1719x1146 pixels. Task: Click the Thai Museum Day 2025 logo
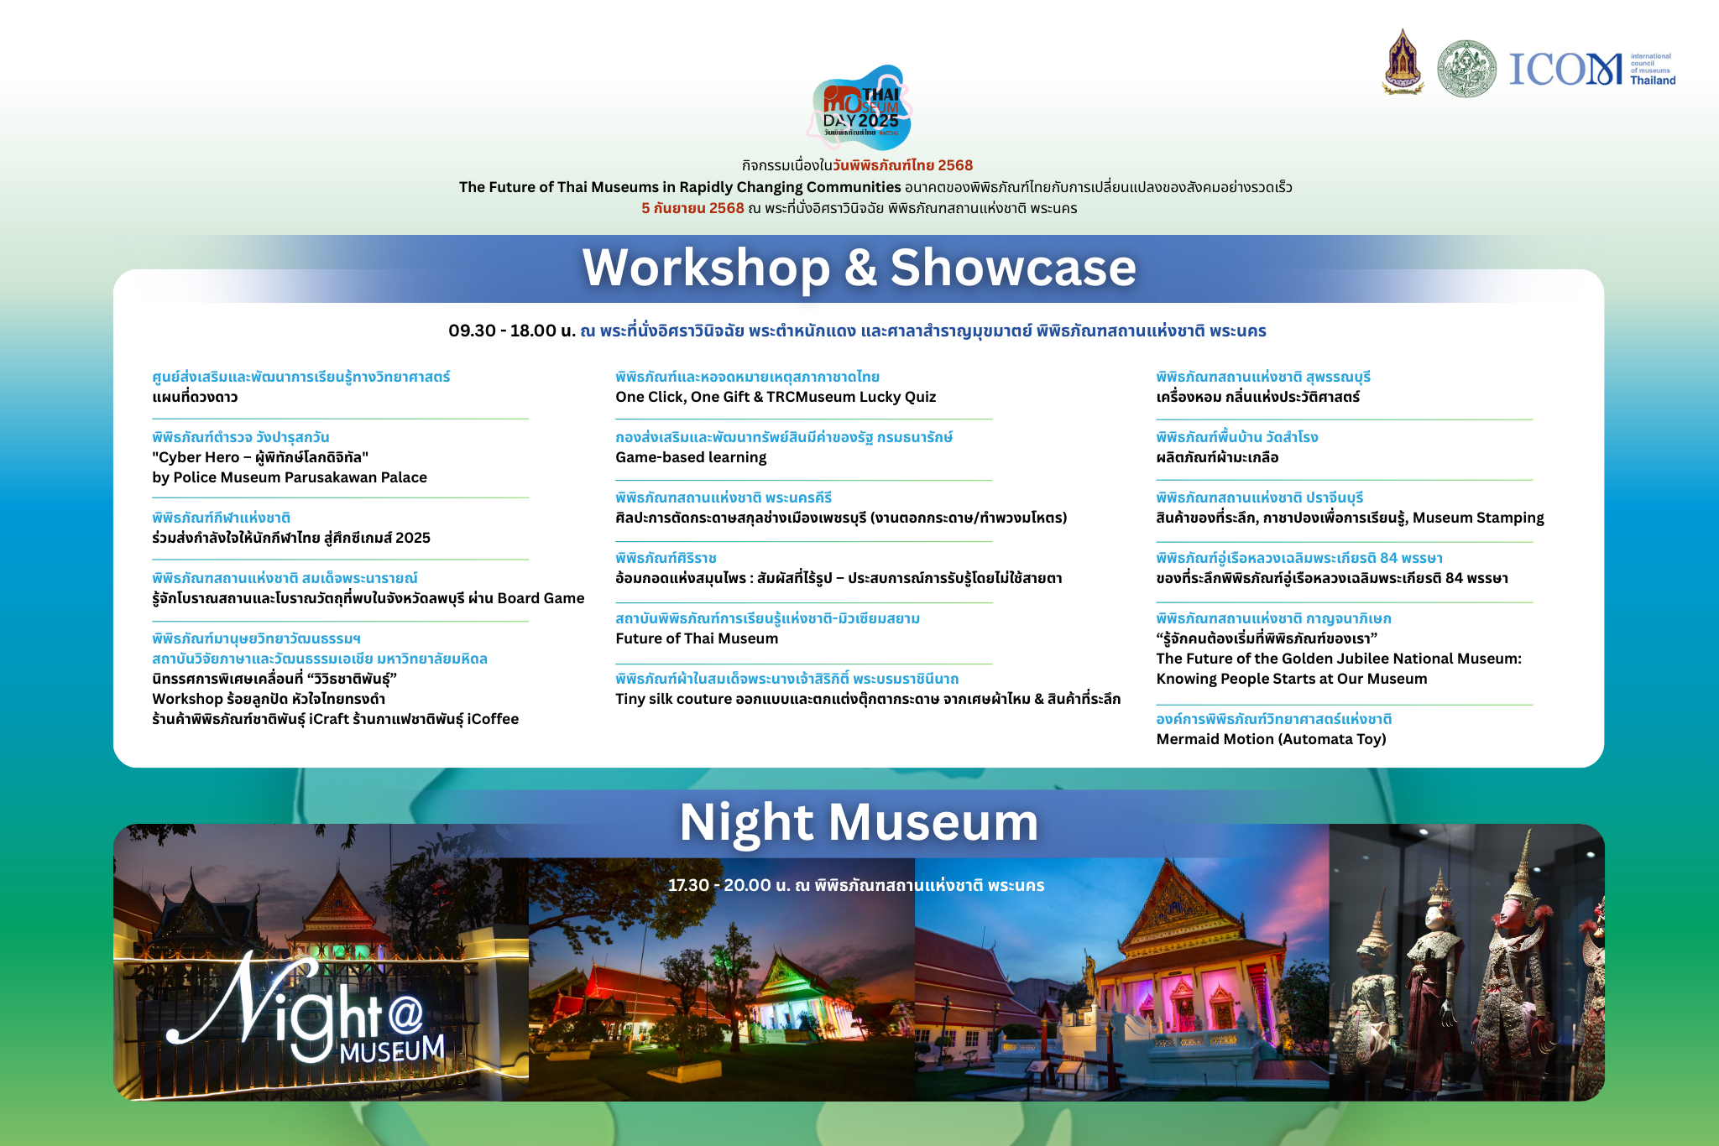pyautogui.click(x=860, y=107)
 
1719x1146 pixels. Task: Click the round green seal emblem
pyautogui.click(x=1466, y=69)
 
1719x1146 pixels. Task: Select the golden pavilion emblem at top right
pyautogui.click(x=1403, y=62)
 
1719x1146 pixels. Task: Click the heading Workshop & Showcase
pyautogui.click(x=859, y=268)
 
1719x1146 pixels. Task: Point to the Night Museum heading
pyautogui.click(x=859, y=821)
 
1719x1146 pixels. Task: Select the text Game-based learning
pyautogui.click(x=691, y=457)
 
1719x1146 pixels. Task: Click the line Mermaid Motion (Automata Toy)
pyautogui.click(x=1271, y=739)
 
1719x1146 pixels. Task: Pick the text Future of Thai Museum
pyautogui.click(x=697, y=638)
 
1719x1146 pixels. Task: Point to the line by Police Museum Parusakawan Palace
pyautogui.click(x=290, y=477)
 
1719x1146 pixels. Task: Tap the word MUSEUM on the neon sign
pyautogui.click(x=392, y=1050)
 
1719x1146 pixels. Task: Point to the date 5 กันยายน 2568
pyautogui.click(x=692, y=208)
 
